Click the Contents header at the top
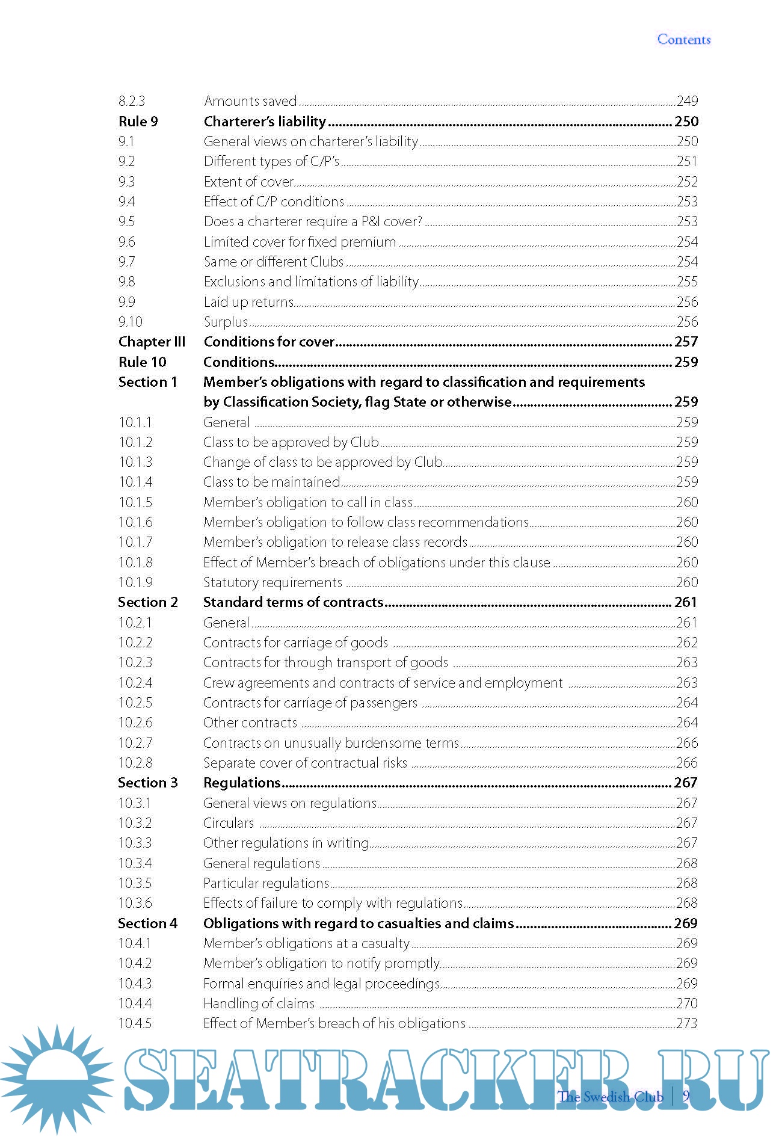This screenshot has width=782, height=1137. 683,40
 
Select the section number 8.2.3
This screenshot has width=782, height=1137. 132,101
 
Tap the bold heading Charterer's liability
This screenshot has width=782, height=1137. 265,122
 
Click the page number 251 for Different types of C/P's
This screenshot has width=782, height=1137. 687,161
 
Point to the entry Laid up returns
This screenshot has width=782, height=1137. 248,302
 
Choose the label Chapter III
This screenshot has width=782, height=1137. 152,342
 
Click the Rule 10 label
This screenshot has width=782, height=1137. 142,362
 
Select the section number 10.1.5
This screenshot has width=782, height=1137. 135,502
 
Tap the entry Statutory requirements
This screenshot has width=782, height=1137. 272,582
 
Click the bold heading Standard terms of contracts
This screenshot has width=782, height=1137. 293,602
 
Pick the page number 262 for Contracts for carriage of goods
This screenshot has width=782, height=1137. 687,642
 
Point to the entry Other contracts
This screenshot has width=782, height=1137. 250,723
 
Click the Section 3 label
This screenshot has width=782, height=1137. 148,783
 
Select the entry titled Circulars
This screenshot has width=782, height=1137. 229,823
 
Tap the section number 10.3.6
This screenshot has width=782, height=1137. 135,903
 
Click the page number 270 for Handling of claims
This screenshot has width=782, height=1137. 687,1003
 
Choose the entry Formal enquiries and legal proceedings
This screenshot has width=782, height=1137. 321,984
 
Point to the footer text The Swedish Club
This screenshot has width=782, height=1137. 610,1097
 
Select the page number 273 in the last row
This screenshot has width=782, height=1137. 687,1023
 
